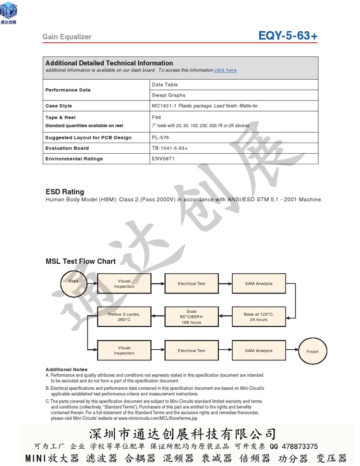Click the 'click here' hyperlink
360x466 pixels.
[225, 70]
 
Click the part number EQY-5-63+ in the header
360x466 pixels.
[288, 36]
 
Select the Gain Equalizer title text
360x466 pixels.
[67, 37]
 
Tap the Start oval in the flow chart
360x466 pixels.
[73, 282]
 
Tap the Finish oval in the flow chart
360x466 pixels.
[312, 352]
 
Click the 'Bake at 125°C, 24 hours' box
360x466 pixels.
[258, 317]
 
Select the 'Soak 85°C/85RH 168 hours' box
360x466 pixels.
[191, 317]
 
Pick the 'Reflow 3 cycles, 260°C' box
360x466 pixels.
[124, 317]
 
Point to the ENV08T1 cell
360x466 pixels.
[163, 159]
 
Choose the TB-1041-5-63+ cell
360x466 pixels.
[169, 148]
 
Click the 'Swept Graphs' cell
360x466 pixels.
[168, 95]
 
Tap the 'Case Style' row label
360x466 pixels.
[59, 106]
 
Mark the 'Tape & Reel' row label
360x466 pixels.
[60, 117]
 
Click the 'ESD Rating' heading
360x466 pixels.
[65, 192]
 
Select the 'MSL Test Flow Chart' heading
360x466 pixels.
[81, 261]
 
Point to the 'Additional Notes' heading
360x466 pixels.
[67, 369]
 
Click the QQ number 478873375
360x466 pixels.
[298, 446]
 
